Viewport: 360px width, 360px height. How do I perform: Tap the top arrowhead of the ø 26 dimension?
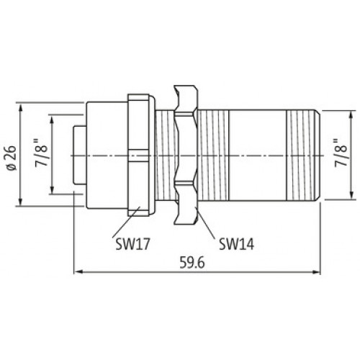22,106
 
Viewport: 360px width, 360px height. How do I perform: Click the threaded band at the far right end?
303,155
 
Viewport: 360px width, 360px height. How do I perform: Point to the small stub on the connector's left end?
75,155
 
